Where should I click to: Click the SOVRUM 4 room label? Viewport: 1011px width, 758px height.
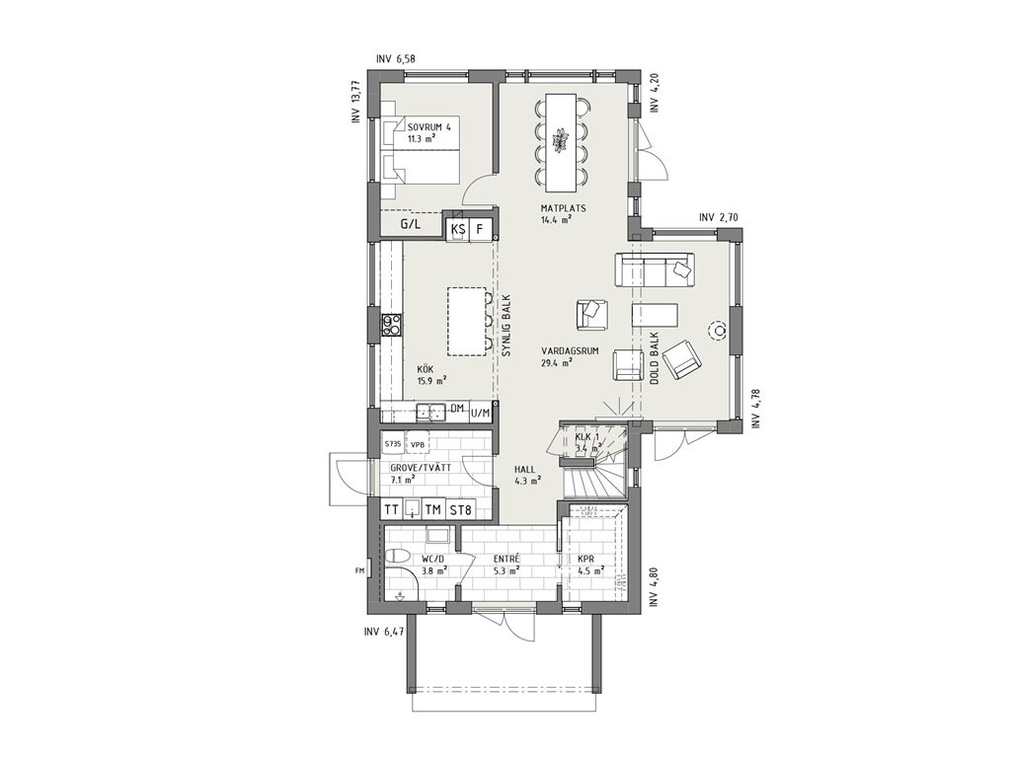point(428,127)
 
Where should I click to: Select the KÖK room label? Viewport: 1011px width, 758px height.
point(425,369)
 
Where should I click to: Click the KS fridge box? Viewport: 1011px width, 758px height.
point(458,228)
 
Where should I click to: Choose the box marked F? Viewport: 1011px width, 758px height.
point(481,228)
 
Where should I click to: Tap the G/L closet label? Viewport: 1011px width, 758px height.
point(410,224)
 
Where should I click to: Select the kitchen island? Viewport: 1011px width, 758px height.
point(467,321)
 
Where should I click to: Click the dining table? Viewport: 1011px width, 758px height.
point(560,142)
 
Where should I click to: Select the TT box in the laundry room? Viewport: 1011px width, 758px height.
point(391,510)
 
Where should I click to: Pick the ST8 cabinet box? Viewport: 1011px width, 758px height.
point(460,510)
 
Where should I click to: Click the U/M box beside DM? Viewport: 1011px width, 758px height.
point(481,412)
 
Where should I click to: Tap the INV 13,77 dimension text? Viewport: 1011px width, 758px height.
point(354,102)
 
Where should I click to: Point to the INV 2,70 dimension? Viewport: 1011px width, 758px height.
point(719,217)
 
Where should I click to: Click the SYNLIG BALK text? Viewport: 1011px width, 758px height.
point(505,326)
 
